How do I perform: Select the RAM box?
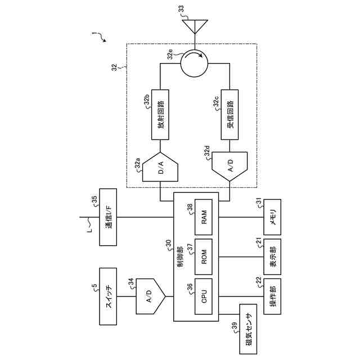[203, 219]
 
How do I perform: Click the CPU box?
[203, 295]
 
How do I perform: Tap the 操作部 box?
[272, 295]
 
